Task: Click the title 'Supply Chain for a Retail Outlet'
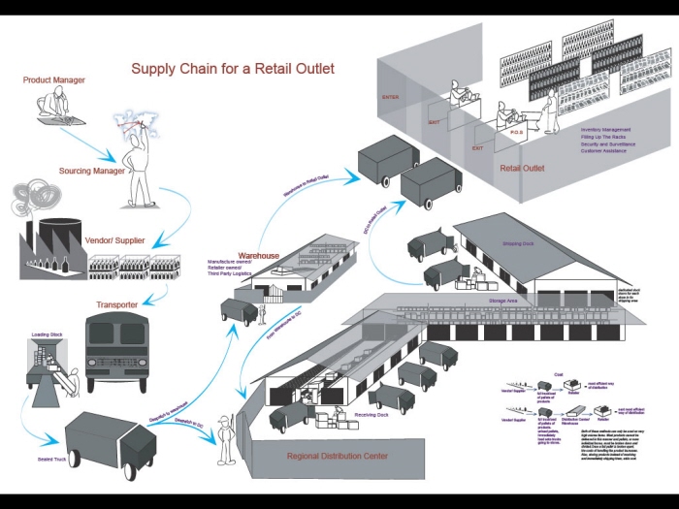pos(233,69)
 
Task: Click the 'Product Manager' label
pos(54,80)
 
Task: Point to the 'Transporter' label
pos(116,304)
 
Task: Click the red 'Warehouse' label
pos(258,256)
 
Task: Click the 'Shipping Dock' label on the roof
pos(519,243)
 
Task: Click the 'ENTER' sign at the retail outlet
pos(391,97)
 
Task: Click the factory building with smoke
pos(50,242)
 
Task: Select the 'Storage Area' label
pos(475,301)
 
